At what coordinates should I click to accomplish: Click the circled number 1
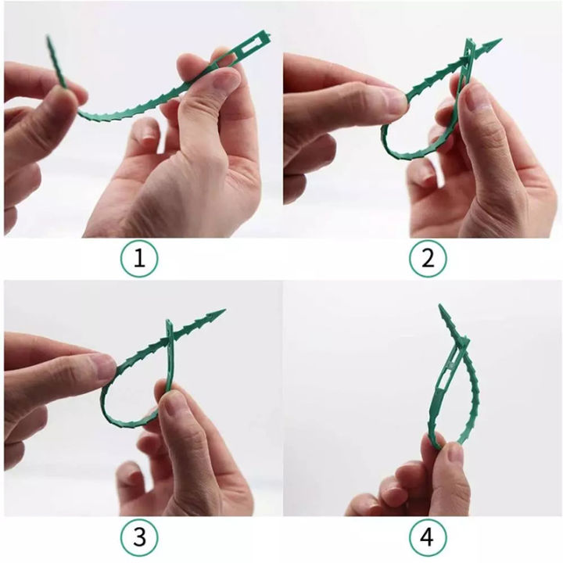(139, 258)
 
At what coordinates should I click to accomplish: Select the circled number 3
(139, 538)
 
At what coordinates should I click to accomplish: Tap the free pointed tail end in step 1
(49, 41)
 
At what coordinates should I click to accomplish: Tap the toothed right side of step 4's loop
(474, 391)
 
